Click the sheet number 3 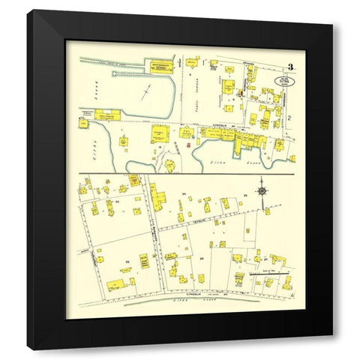[x=289, y=67]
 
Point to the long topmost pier [x=116, y=62]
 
